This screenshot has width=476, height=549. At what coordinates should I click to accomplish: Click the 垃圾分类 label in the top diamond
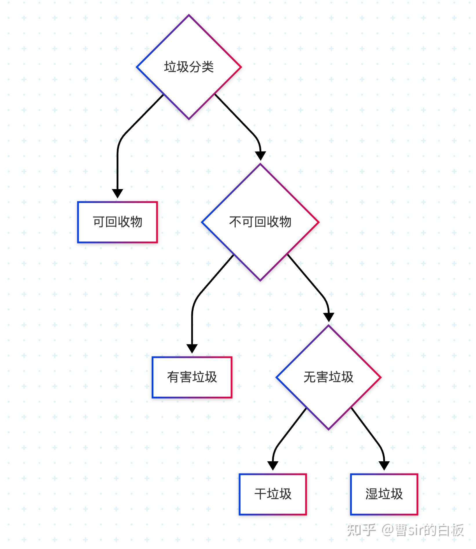pos(189,67)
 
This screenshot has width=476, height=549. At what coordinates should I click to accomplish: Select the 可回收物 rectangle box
pos(117,222)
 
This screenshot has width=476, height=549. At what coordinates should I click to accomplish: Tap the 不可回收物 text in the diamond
pos(260,222)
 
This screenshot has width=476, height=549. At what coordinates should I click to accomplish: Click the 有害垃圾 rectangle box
pos(192,377)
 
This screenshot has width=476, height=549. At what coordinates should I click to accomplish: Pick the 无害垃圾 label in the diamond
pos(328,377)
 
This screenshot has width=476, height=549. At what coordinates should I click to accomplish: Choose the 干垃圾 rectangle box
pos(273,494)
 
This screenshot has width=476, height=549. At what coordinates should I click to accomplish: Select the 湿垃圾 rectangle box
pos(384,494)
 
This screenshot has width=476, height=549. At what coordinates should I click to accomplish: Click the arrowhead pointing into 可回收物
pos(117,193)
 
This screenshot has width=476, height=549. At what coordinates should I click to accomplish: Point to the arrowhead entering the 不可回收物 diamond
pos(260,155)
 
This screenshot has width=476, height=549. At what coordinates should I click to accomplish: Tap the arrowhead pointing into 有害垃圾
pos(192,348)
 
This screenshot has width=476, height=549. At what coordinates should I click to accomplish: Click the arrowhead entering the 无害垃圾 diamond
pos(328,317)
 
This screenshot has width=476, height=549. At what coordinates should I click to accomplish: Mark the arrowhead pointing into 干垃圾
pos(273,465)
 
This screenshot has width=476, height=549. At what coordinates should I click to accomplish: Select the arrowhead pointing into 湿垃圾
pos(384,465)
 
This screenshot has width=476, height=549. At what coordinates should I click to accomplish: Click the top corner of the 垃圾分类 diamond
pos(189,15)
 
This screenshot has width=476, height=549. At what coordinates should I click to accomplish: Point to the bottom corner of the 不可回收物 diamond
pos(260,280)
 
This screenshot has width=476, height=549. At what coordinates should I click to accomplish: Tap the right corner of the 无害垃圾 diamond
pos(380,377)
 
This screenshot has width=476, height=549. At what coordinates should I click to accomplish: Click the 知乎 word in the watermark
pos(361,530)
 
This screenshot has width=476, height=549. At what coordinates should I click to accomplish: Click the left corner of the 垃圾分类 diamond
pos(137,67)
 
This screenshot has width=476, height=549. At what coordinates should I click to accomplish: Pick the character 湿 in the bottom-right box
pos(372,494)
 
